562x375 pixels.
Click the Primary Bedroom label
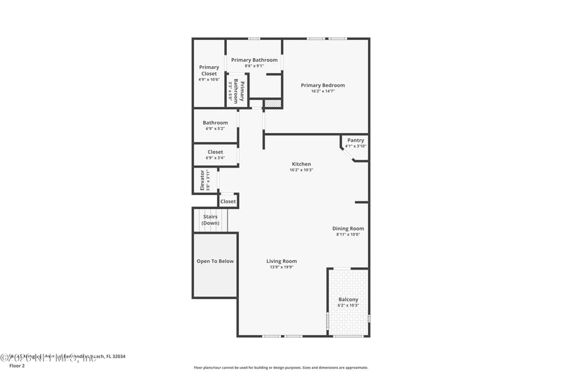coord(322,85)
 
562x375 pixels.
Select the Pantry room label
coord(355,140)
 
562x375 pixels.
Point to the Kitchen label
coord(301,164)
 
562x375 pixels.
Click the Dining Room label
coord(348,229)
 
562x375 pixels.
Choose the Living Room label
coord(281,261)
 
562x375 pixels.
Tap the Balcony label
coord(348,300)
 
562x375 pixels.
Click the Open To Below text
coord(215,261)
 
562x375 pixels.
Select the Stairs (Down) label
coord(210,220)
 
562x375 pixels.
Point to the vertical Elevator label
coord(202,180)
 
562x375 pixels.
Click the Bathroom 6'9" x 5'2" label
coord(215,122)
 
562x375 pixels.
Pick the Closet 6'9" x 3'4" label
coord(215,152)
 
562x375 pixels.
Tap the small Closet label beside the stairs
coord(228,201)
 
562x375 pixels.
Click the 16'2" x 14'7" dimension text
coord(322,91)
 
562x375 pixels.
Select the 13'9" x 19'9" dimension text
coord(281,267)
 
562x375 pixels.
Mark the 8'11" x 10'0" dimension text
coord(348,235)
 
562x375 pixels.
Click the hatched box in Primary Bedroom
coord(273,103)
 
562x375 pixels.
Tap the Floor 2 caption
coord(16,366)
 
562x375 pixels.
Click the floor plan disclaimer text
coord(280,367)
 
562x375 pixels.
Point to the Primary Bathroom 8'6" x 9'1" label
coord(254,61)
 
